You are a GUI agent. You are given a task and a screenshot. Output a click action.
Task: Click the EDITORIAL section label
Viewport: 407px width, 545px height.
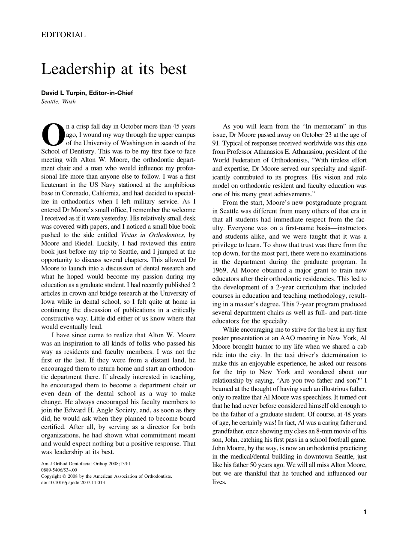pos(63,35)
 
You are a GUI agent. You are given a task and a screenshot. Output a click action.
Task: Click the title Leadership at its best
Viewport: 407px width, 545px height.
pos(114,69)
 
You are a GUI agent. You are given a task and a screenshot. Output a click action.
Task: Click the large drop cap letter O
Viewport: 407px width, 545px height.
pos(52,135)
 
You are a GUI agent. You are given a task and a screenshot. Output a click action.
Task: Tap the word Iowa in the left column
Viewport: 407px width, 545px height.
pos(48,302)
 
